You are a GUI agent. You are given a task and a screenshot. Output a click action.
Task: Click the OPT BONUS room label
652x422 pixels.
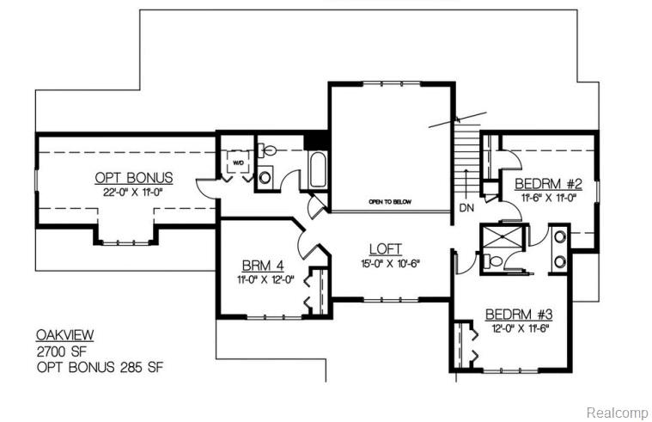(133, 178)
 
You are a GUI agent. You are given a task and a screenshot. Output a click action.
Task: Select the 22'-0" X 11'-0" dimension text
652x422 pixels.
(133, 192)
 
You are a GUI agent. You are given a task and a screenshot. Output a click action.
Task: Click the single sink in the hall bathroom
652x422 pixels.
(265, 178)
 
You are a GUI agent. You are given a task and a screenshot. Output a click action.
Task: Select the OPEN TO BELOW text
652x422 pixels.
(390, 202)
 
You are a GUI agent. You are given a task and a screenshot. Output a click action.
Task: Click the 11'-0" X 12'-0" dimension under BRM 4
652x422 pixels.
(265, 280)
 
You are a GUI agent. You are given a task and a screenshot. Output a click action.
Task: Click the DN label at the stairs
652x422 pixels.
(466, 208)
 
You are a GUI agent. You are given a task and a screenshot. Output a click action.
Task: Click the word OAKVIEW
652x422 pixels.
(64, 334)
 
